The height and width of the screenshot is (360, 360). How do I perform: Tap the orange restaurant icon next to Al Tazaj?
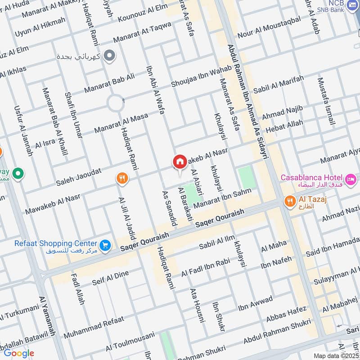click(290, 201)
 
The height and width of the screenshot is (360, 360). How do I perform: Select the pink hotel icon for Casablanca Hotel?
click(351, 178)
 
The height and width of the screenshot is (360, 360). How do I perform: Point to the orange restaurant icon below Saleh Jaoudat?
click(121, 179)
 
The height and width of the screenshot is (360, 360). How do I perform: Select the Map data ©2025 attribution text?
click(335, 355)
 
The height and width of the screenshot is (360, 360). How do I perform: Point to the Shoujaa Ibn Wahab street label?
click(202, 76)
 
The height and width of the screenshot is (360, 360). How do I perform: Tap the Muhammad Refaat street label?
click(93, 328)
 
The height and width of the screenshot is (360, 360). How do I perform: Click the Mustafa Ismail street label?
click(326, 102)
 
